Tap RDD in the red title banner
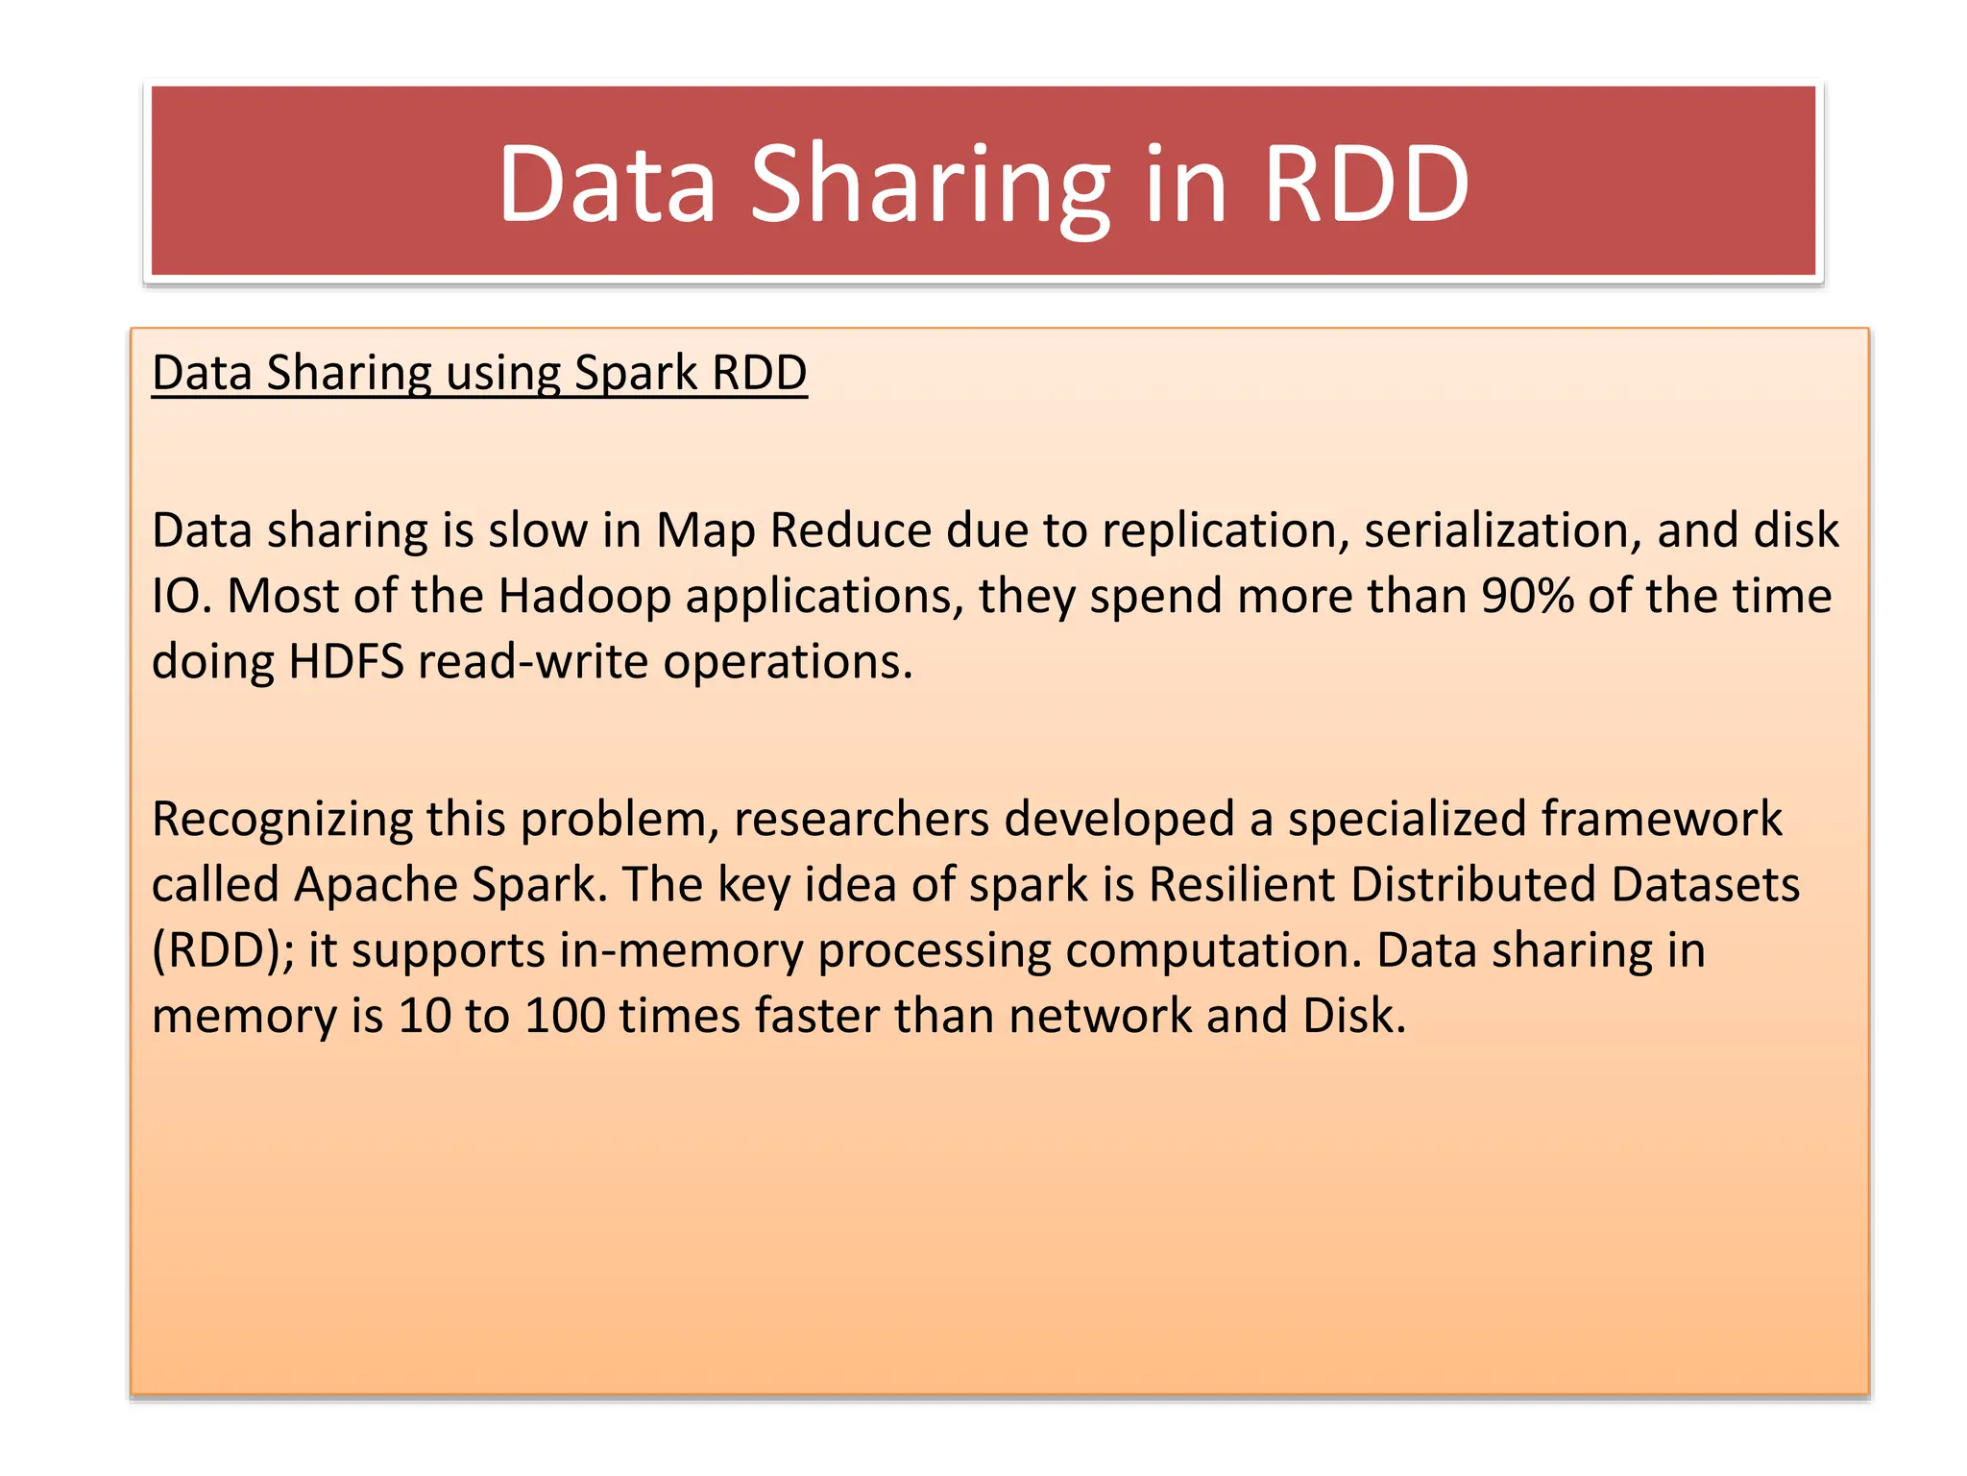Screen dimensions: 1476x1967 [1366, 184]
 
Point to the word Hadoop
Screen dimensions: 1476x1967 [584, 596]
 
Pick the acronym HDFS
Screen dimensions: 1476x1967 [346, 661]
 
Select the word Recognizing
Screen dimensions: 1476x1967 [280, 819]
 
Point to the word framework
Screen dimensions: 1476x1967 [1662, 819]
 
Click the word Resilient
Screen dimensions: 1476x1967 [1242, 884]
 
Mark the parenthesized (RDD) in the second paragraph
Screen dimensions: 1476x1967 [223, 949]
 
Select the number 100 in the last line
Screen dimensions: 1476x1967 [566, 1015]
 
